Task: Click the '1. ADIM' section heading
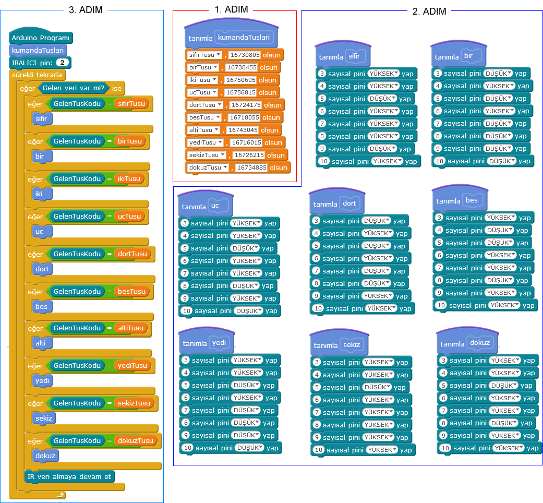pyautogui.click(x=231, y=9)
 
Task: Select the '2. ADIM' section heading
pyautogui.click(x=429, y=11)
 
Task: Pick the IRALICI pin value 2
pyautogui.click(x=63, y=63)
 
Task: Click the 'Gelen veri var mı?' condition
pyautogui.click(x=73, y=88)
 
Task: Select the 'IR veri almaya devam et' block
pyautogui.click(x=68, y=476)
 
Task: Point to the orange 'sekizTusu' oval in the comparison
pyautogui.click(x=135, y=403)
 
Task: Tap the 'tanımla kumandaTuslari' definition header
pyautogui.click(x=230, y=38)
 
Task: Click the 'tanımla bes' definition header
pyautogui.click(x=457, y=200)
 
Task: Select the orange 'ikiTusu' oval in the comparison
pyautogui.click(x=129, y=179)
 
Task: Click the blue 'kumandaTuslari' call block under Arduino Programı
pyautogui.click(x=38, y=50)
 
